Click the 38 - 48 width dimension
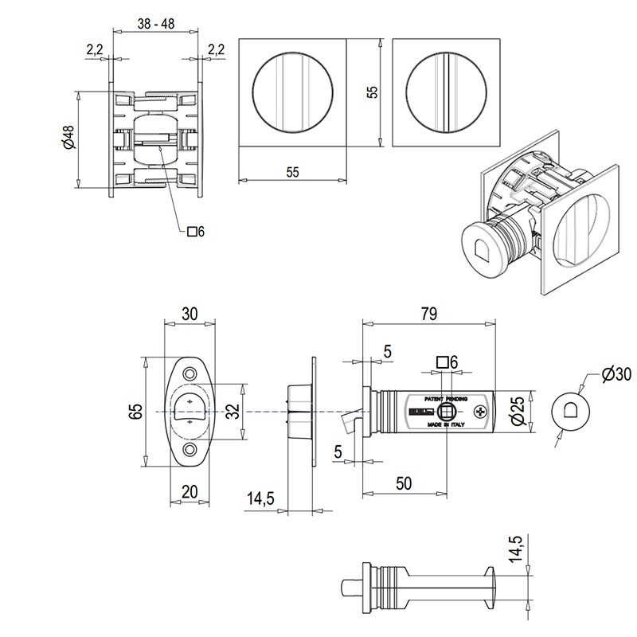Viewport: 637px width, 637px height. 156,24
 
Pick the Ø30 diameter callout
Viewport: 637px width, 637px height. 616,374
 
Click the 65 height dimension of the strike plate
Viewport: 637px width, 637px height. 136,412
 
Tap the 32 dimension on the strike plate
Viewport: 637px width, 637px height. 232,412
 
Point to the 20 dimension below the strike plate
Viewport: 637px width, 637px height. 190,491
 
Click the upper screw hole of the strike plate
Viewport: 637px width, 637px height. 190,374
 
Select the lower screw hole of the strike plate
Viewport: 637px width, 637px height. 190,451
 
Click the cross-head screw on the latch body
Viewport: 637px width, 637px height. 480,412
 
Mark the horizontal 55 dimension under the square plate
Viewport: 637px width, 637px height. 292,171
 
